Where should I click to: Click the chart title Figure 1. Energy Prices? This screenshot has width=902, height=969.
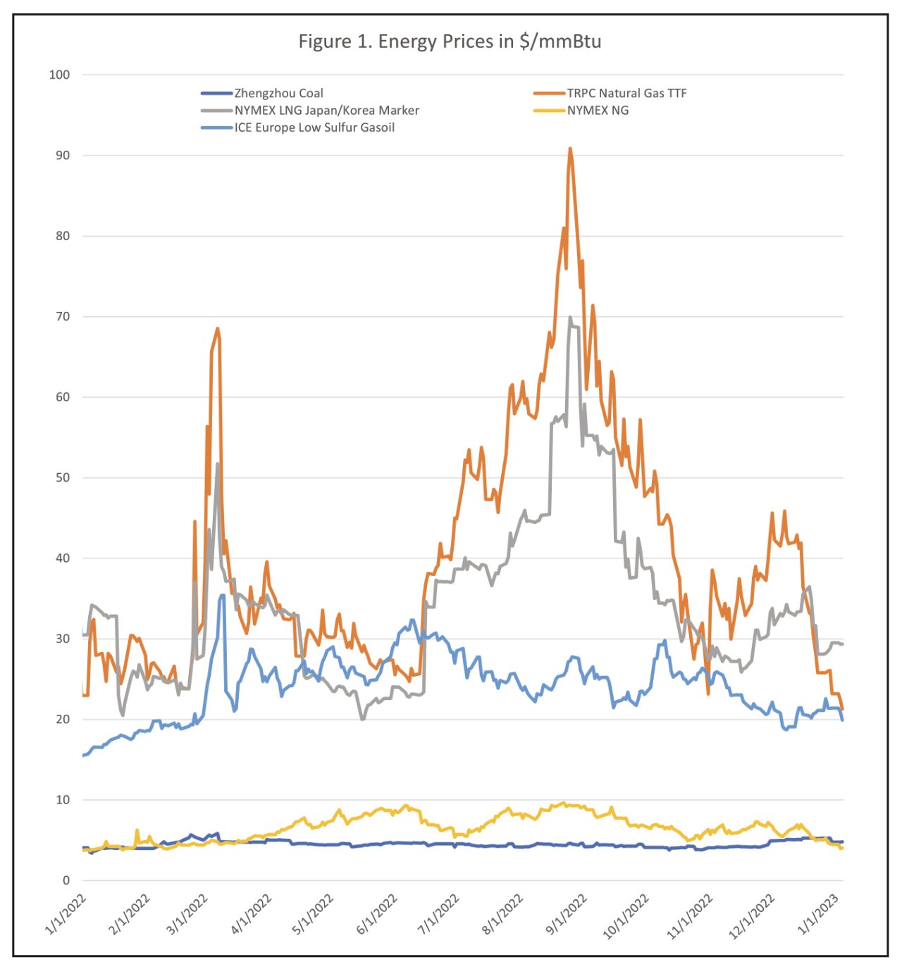tap(450, 42)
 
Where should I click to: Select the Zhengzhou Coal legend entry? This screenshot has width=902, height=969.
tap(278, 93)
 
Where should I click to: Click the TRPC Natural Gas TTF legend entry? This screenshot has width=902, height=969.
tap(626, 93)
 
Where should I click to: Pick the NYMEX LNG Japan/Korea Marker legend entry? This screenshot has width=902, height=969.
tap(326, 111)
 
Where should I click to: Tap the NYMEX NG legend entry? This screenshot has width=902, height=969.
tap(598, 111)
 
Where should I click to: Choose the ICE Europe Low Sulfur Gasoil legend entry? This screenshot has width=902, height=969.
tap(314, 127)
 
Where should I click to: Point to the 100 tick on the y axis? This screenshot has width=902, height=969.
tap(60, 75)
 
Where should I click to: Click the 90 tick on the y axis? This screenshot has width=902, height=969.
tap(63, 156)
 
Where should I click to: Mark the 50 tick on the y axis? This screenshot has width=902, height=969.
tap(63, 477)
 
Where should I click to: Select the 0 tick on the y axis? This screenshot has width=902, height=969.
tap(66, 880)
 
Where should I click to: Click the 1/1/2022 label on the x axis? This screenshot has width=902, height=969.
tap(66, 914)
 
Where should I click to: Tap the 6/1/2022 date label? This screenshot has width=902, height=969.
tap(377, 914)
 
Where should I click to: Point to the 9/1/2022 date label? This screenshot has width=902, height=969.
tap(567, 914)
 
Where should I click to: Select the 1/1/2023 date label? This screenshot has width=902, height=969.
tap(817, 914)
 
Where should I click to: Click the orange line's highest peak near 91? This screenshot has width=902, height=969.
tap(570, 149)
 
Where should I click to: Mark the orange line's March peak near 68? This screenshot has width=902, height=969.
tap(218, 328)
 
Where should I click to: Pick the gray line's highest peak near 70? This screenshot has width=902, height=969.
tap(570, 318)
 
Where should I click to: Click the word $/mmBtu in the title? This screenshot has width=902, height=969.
tap(560, 42)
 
